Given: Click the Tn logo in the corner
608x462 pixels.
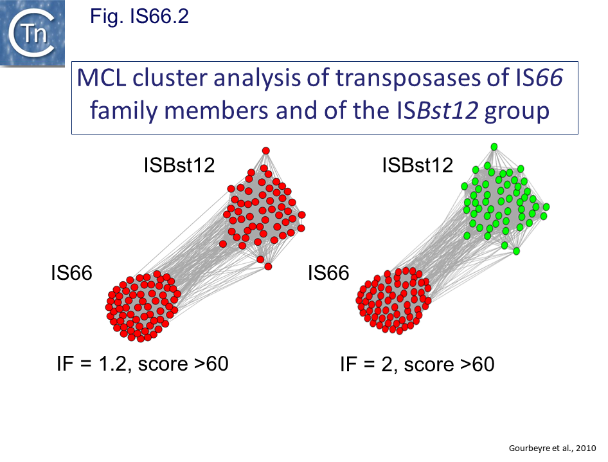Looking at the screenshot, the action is point(32,33).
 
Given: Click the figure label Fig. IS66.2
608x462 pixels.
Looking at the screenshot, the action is point(139,16).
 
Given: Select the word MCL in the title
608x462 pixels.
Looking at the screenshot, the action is point(102,78).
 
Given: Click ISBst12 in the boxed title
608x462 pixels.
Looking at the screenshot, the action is point(438,111).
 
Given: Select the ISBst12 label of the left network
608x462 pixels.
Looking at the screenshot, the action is point(179,165).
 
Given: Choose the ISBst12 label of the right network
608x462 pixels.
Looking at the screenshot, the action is point(418,165).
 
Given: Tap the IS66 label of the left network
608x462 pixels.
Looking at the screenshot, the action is point(72,273).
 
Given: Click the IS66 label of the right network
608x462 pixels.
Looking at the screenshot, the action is point(328,273).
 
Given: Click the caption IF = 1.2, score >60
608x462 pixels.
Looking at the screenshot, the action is point(142,364).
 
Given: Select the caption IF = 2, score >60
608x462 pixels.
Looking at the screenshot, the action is point(417,365).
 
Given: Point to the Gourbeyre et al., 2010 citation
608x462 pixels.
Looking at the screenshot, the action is point(552,448).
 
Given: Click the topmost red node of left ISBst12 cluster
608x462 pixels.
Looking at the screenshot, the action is point(265,151).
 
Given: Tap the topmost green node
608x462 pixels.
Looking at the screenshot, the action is point(494,146).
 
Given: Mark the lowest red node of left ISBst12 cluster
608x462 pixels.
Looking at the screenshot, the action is point(268,266).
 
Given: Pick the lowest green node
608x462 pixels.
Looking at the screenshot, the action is point(516,251).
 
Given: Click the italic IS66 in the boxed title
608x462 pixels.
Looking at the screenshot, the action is point(539,78).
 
